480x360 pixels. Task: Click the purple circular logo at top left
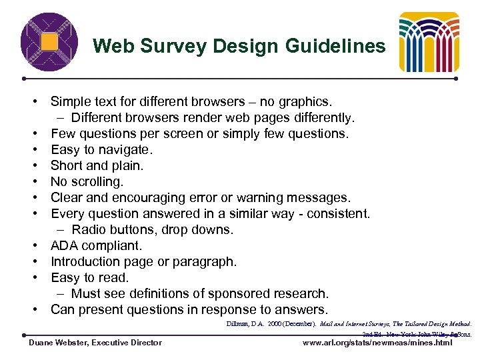tap(49, 42)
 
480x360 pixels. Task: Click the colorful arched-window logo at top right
tap(429, 42)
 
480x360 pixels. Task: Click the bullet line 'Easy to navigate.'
tap(101, 150)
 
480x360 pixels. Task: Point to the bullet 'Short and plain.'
tap(97, 166)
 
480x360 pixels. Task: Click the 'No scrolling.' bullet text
tap(87, 182)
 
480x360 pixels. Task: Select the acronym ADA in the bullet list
tap(65, 246)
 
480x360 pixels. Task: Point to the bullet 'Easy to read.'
tap(89, 278)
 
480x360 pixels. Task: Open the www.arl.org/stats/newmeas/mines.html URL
tap(377, 343)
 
